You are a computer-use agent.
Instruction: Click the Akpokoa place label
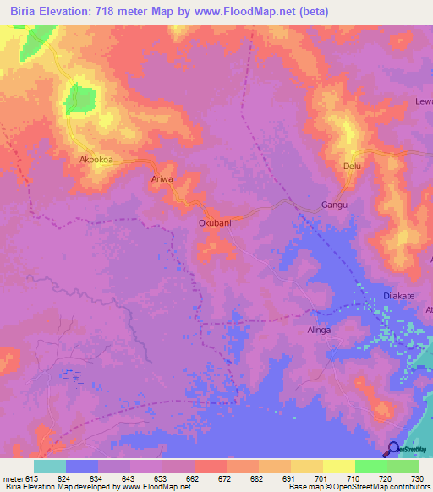point(96,159)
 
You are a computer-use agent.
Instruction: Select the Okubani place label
point(215,223)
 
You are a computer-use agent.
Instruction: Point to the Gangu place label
point(335,205)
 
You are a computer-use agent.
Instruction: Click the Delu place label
point(352,167)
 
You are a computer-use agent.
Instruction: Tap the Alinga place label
point(319,331)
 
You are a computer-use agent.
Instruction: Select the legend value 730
point(417,477)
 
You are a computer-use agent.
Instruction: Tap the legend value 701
point(320,477)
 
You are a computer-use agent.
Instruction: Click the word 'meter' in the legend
point(13,477)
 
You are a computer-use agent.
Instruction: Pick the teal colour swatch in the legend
point(50,466)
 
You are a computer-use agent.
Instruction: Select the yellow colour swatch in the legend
point(339,466)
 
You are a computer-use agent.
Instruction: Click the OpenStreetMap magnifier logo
point(394,449)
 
